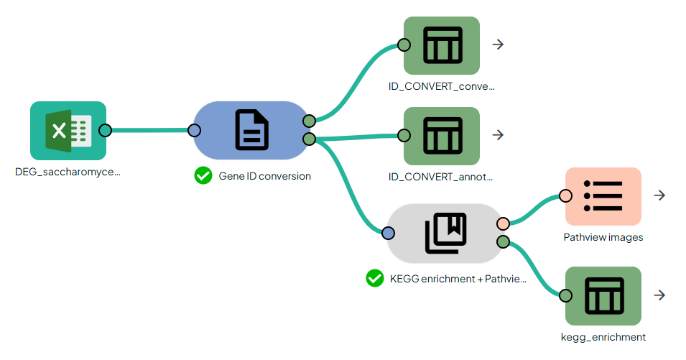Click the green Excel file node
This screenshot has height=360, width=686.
[68, 131]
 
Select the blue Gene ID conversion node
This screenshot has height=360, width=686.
[251, 131]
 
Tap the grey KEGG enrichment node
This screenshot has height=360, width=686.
[445, 234]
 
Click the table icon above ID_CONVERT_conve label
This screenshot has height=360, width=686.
[441, 45]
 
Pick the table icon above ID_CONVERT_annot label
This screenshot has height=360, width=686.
[441, 135]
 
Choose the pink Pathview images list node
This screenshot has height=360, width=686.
[603, 196]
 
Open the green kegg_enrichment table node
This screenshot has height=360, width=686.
[603, 295]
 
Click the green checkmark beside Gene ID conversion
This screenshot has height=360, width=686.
[203, 175]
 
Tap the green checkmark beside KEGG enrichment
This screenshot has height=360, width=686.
[374, 278]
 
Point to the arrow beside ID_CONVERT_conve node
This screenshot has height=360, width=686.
[498, 45]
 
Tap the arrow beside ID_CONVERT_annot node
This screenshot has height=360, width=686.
[498, 135]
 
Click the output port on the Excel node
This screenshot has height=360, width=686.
[105, 131]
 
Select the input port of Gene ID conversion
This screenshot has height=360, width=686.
[194, 131]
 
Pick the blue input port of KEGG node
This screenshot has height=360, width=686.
[388, 234]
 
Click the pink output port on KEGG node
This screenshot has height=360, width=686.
[503, 224]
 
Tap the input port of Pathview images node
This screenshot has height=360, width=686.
[566, 196]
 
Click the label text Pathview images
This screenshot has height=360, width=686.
[603, 237]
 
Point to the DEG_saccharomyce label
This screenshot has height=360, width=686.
[68, 172]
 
